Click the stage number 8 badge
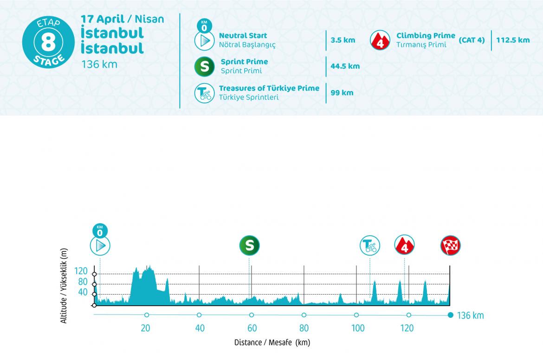[x=48, y=42]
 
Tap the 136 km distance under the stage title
[x=99, y=64]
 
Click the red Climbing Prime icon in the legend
[x=380, y=40]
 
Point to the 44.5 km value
[x=345, y=66]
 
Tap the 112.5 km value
[x=513, y=40]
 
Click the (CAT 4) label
[x=472, y=40]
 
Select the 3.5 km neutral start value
[x=343, y=40]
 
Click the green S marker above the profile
[x=249, y=245]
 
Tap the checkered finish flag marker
[x=450, y=245]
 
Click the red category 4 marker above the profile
[x=404, y=245]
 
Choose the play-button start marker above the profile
[x=100, y=245]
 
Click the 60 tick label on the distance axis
[x=252, y=328]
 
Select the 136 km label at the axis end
[x=471, y=316]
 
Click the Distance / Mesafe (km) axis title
[x=272, y=343]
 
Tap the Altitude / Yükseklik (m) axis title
[x=64, y=285]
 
